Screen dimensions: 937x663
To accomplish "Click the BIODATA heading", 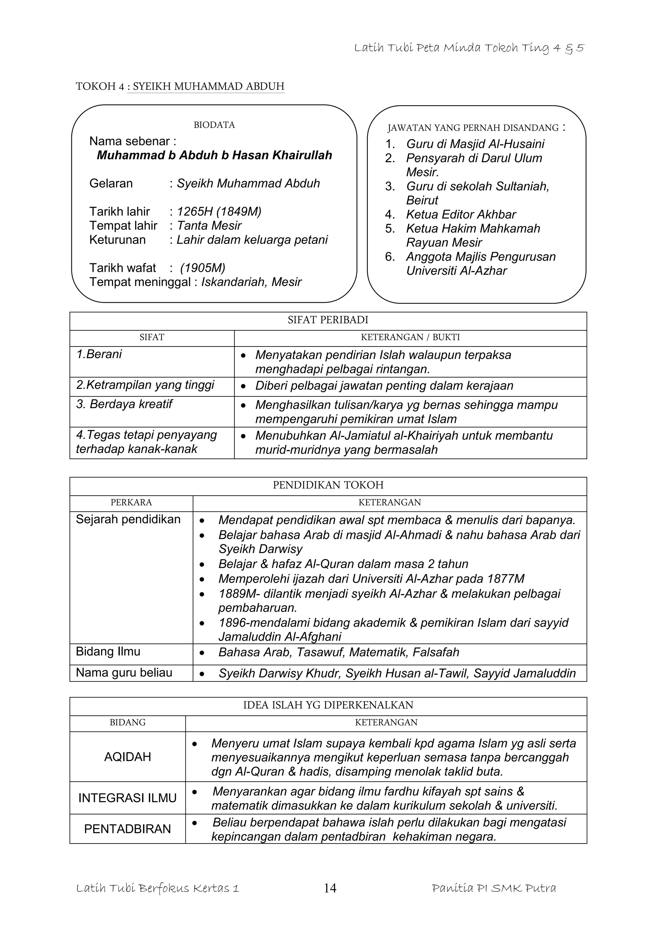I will pyautogui.click(x=214, y=125).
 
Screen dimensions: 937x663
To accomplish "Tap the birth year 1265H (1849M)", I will pyautogui.click(x=219, y=211).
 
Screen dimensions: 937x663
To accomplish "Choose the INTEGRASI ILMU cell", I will pyautogui.click(x=127, y=798).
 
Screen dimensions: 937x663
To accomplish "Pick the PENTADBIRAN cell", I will pyautogui.click(x=127, y=829).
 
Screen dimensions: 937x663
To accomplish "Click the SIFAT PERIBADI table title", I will pyautogui.click(x=328, y=320).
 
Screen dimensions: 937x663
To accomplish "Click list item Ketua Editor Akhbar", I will pyautogui.click(x=461, y=214).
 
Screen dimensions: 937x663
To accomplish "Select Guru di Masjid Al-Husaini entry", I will pyautogui.click(x=475, y=144).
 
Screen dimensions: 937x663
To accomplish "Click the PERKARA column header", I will pyautogui.click(x=131, y=502).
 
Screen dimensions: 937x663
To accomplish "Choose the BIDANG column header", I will pyautogui.click(x=127, y=722).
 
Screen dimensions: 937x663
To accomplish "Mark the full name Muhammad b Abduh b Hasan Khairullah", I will pyautogui.click(x=214, y=155).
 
